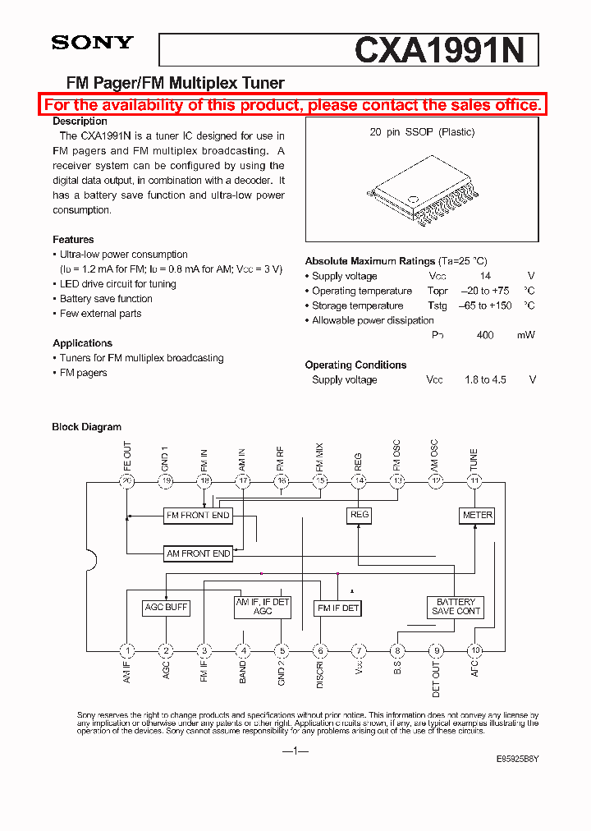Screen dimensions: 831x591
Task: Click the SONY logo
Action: tap(92, 43)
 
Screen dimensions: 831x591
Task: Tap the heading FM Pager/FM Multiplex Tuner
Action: tap(175, 83)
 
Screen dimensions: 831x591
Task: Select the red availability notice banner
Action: tap(293, 105)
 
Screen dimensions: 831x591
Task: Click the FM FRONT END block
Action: tap(198, 516)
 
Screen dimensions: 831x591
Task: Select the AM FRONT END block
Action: tap(199, 554)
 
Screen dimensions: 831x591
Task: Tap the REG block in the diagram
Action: tap(360, 515)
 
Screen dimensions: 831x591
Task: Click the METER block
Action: tap(477, 516)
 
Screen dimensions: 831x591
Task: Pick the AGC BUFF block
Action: tap(166, 608)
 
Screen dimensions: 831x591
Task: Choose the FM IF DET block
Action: tap(337, 608)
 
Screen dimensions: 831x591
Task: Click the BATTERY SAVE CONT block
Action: tap(456, 607)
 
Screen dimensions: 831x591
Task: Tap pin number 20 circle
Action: tap(127, 481)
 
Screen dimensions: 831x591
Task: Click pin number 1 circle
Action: tap(127, 651)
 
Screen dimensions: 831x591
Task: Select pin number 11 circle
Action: tap(474, 481)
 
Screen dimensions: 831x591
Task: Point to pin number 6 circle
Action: tap(321, 651)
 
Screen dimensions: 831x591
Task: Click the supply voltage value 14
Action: tap(485, 277)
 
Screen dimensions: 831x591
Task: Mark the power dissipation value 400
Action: tap(485, 336)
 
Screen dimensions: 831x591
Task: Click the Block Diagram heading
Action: tap(86, 427)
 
